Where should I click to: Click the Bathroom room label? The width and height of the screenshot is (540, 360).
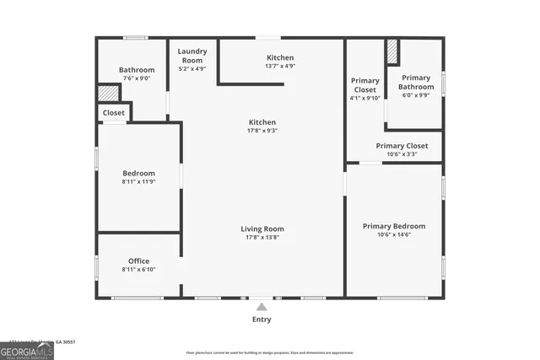tap(137, 70)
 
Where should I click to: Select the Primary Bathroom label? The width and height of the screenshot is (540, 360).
tap(417, 82)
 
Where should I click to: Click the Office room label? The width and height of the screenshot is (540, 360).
tap(138, 261)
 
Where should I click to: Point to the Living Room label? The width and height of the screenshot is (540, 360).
tap(262, 228)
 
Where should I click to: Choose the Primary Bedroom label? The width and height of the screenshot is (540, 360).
tap(394, 226)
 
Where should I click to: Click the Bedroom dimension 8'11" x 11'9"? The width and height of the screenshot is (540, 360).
tap(138, 181)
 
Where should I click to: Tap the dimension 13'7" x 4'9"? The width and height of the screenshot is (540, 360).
tap(280, 66)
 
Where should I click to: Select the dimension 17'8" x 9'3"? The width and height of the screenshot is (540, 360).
tap(262, 131)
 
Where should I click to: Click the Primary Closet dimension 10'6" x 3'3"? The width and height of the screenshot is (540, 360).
tap(402, 154)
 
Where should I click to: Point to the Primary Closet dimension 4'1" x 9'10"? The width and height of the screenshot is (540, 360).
tap(365, 97)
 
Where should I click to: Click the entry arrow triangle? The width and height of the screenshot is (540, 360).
tap(262, 307)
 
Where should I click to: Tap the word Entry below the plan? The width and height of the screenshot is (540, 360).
tap(262, 320)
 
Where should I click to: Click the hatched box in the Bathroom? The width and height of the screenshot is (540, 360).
tap(108, 93)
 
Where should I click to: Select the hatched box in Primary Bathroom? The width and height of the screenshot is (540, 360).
tap(392, 51)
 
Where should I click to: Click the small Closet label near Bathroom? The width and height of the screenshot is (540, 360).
tap(114, 112)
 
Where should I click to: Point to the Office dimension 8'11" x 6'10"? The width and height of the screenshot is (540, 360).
tap(138, 269)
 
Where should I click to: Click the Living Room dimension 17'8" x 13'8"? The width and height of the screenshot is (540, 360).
tap(262, 238)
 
